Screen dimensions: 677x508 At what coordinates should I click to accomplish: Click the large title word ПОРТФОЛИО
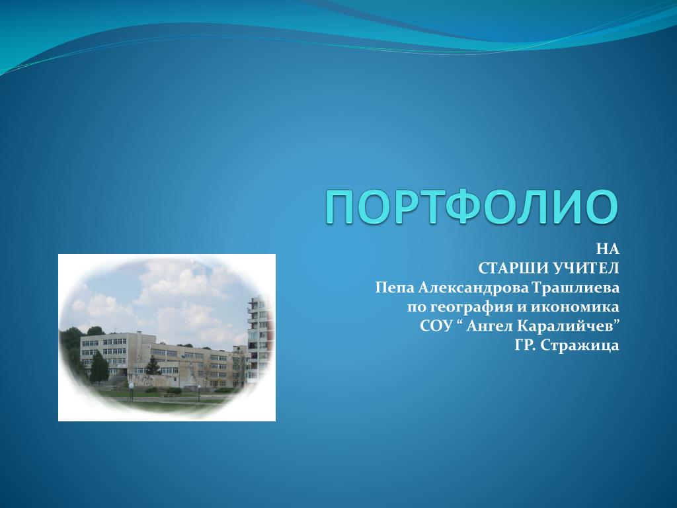471,206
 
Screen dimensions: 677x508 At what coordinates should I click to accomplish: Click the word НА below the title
608,249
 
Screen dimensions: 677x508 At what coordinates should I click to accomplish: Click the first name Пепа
394,287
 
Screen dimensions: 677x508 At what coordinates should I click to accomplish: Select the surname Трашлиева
576,287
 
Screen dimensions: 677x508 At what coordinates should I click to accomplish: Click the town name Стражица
580,345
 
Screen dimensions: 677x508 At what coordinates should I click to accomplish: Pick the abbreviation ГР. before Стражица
526,345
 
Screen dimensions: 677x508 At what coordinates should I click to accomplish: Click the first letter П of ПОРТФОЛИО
340,207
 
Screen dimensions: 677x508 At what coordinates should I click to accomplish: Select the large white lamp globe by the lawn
131,386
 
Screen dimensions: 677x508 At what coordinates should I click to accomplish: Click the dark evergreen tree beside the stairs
99,367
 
